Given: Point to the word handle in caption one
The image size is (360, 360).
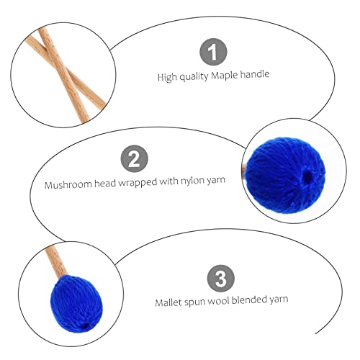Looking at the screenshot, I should point(254,75).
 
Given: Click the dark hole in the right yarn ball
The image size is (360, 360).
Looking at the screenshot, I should point(308,174).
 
